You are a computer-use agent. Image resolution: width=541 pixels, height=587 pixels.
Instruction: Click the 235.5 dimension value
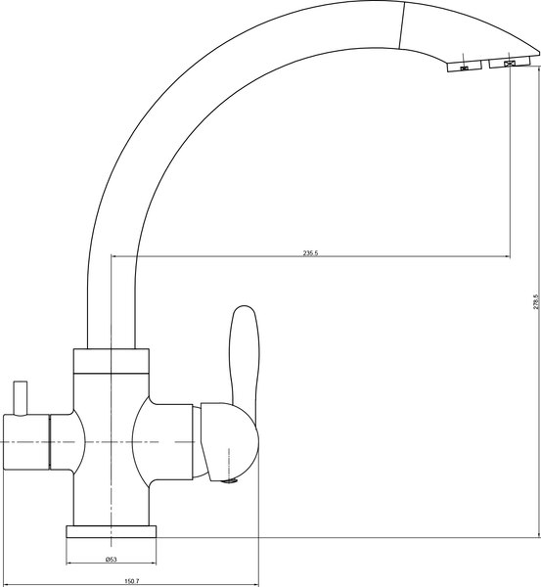click(x=312, y=252)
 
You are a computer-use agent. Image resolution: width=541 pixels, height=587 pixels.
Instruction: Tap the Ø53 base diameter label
click(x=112, y=560)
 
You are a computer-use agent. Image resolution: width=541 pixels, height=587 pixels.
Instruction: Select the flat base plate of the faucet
click(x=112, y=532)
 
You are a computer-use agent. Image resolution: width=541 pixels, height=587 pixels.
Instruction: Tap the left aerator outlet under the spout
click(x=462, y=67)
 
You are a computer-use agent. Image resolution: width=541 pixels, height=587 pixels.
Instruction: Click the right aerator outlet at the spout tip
click(x=509, y=64)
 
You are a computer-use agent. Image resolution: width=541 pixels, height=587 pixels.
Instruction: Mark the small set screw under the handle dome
click(x=230, y=479)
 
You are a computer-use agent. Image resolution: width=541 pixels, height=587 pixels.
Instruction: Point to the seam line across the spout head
click(x=403, y=24)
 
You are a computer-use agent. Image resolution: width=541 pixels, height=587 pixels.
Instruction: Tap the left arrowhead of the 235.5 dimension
click(x=116, y=257)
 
